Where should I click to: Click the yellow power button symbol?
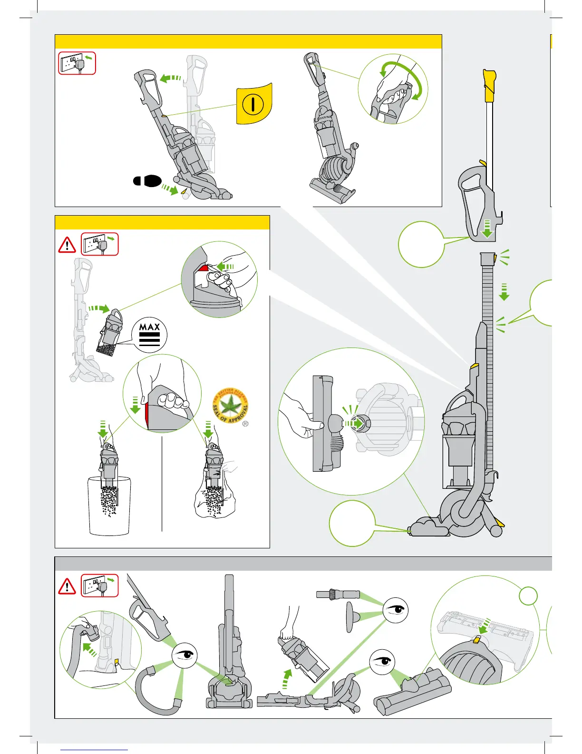(x=253, y=104)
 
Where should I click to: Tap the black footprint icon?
(x=147, y=181)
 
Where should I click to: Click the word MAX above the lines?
(x=149, y=327)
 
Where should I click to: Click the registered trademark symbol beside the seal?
(x=245, y=424)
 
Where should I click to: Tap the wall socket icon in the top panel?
(x=77, y=63)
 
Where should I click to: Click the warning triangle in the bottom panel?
(x=67, y=586)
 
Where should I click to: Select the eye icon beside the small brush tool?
(x=395, y=610)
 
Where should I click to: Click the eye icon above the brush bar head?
(x=382, y=662)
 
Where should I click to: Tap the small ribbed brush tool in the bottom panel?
(x=338, y=594)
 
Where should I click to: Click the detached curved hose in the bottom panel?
(x=157, y=690)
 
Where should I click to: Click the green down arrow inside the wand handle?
(x=487, y=228)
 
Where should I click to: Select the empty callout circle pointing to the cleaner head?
(x=352, y=523)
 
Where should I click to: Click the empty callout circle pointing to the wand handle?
(x=421, y=244)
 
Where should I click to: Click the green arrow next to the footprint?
(x=169, y=189)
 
